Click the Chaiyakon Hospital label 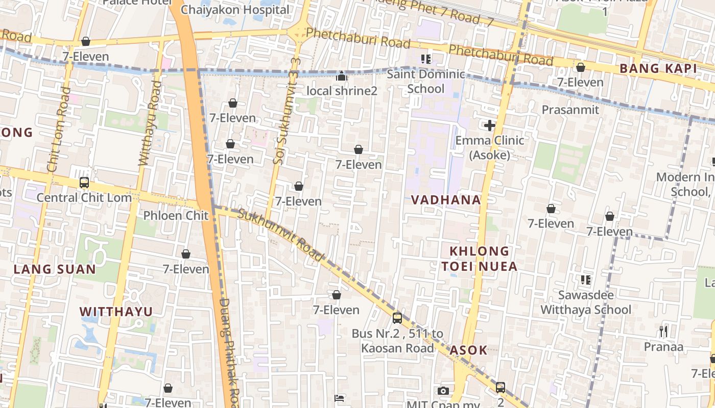[x=235, y=9]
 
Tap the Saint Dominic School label [x=425, y=82]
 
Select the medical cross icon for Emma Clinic [x=490, y=125]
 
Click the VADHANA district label [x=446, y=200]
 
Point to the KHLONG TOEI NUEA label [x=480, y=259]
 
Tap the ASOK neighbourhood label [x=468, y=350]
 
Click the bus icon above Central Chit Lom [x=84, y=183]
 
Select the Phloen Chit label [x=176, y=215]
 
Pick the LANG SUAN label [x=55, y=269]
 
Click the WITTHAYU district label [x=116, y=312]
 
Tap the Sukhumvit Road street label [x=281, y=235]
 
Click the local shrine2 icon [x=342, y=76]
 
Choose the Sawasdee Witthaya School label [x=586, y=302]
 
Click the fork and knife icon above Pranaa [x=663, y=332]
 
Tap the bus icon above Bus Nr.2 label [x=397, y=318]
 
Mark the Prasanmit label [x=570, y=110]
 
